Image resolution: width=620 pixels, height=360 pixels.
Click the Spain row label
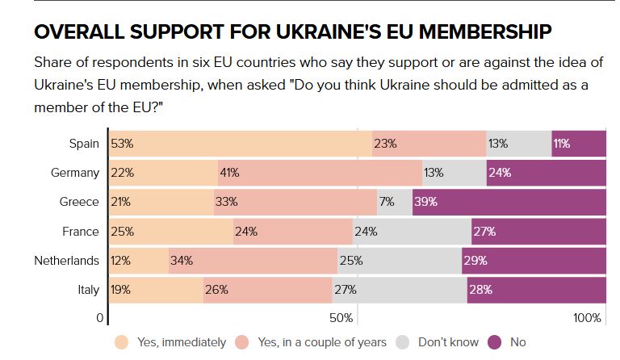tap(84, 144)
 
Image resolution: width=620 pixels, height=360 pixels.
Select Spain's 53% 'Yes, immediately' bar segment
tap(241, 144)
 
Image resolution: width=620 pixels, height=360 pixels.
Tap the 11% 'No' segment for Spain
tap(578, 144)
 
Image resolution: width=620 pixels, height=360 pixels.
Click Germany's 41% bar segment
tap(320, 173)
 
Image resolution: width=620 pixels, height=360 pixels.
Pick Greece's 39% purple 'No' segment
tap(509, 202)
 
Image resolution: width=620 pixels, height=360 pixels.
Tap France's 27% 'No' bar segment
tap(538, 232)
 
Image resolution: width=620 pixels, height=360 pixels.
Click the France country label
tap(81, 232)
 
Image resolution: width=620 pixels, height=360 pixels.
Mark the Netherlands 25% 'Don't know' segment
tap(399, 261)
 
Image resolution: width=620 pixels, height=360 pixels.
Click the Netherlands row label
tap(67, 261)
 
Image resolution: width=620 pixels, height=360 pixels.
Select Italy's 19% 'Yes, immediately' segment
tap(156, 290)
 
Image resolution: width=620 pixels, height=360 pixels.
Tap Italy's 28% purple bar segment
tap(536, 290)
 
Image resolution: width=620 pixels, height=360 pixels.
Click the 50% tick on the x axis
tap(341, 318)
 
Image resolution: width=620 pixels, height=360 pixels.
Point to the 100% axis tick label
tap(587, 318)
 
